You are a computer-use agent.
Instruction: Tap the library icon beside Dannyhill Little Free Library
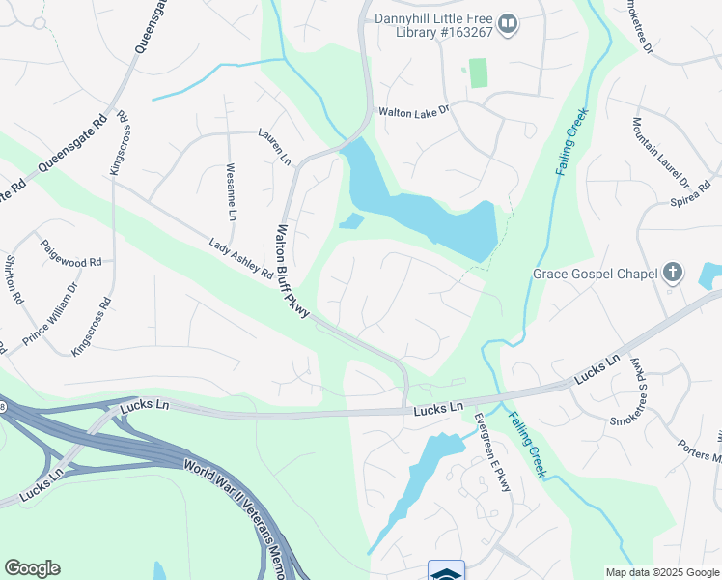click(x=509, y=22)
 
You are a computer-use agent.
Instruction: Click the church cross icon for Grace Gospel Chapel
click(x=674, y=274)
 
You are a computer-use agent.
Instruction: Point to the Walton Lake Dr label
click(x=413, y=111)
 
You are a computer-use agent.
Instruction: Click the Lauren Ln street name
click(x=274, y=147)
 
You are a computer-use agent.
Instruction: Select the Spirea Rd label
click(x=690, y=197)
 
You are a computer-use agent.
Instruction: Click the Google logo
click(x=32, y=568)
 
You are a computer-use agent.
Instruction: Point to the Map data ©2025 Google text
click(x=662, y=572)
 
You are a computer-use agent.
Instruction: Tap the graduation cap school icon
click(x=446, y=572)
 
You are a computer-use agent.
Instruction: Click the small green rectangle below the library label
click(x=478, y=72)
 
